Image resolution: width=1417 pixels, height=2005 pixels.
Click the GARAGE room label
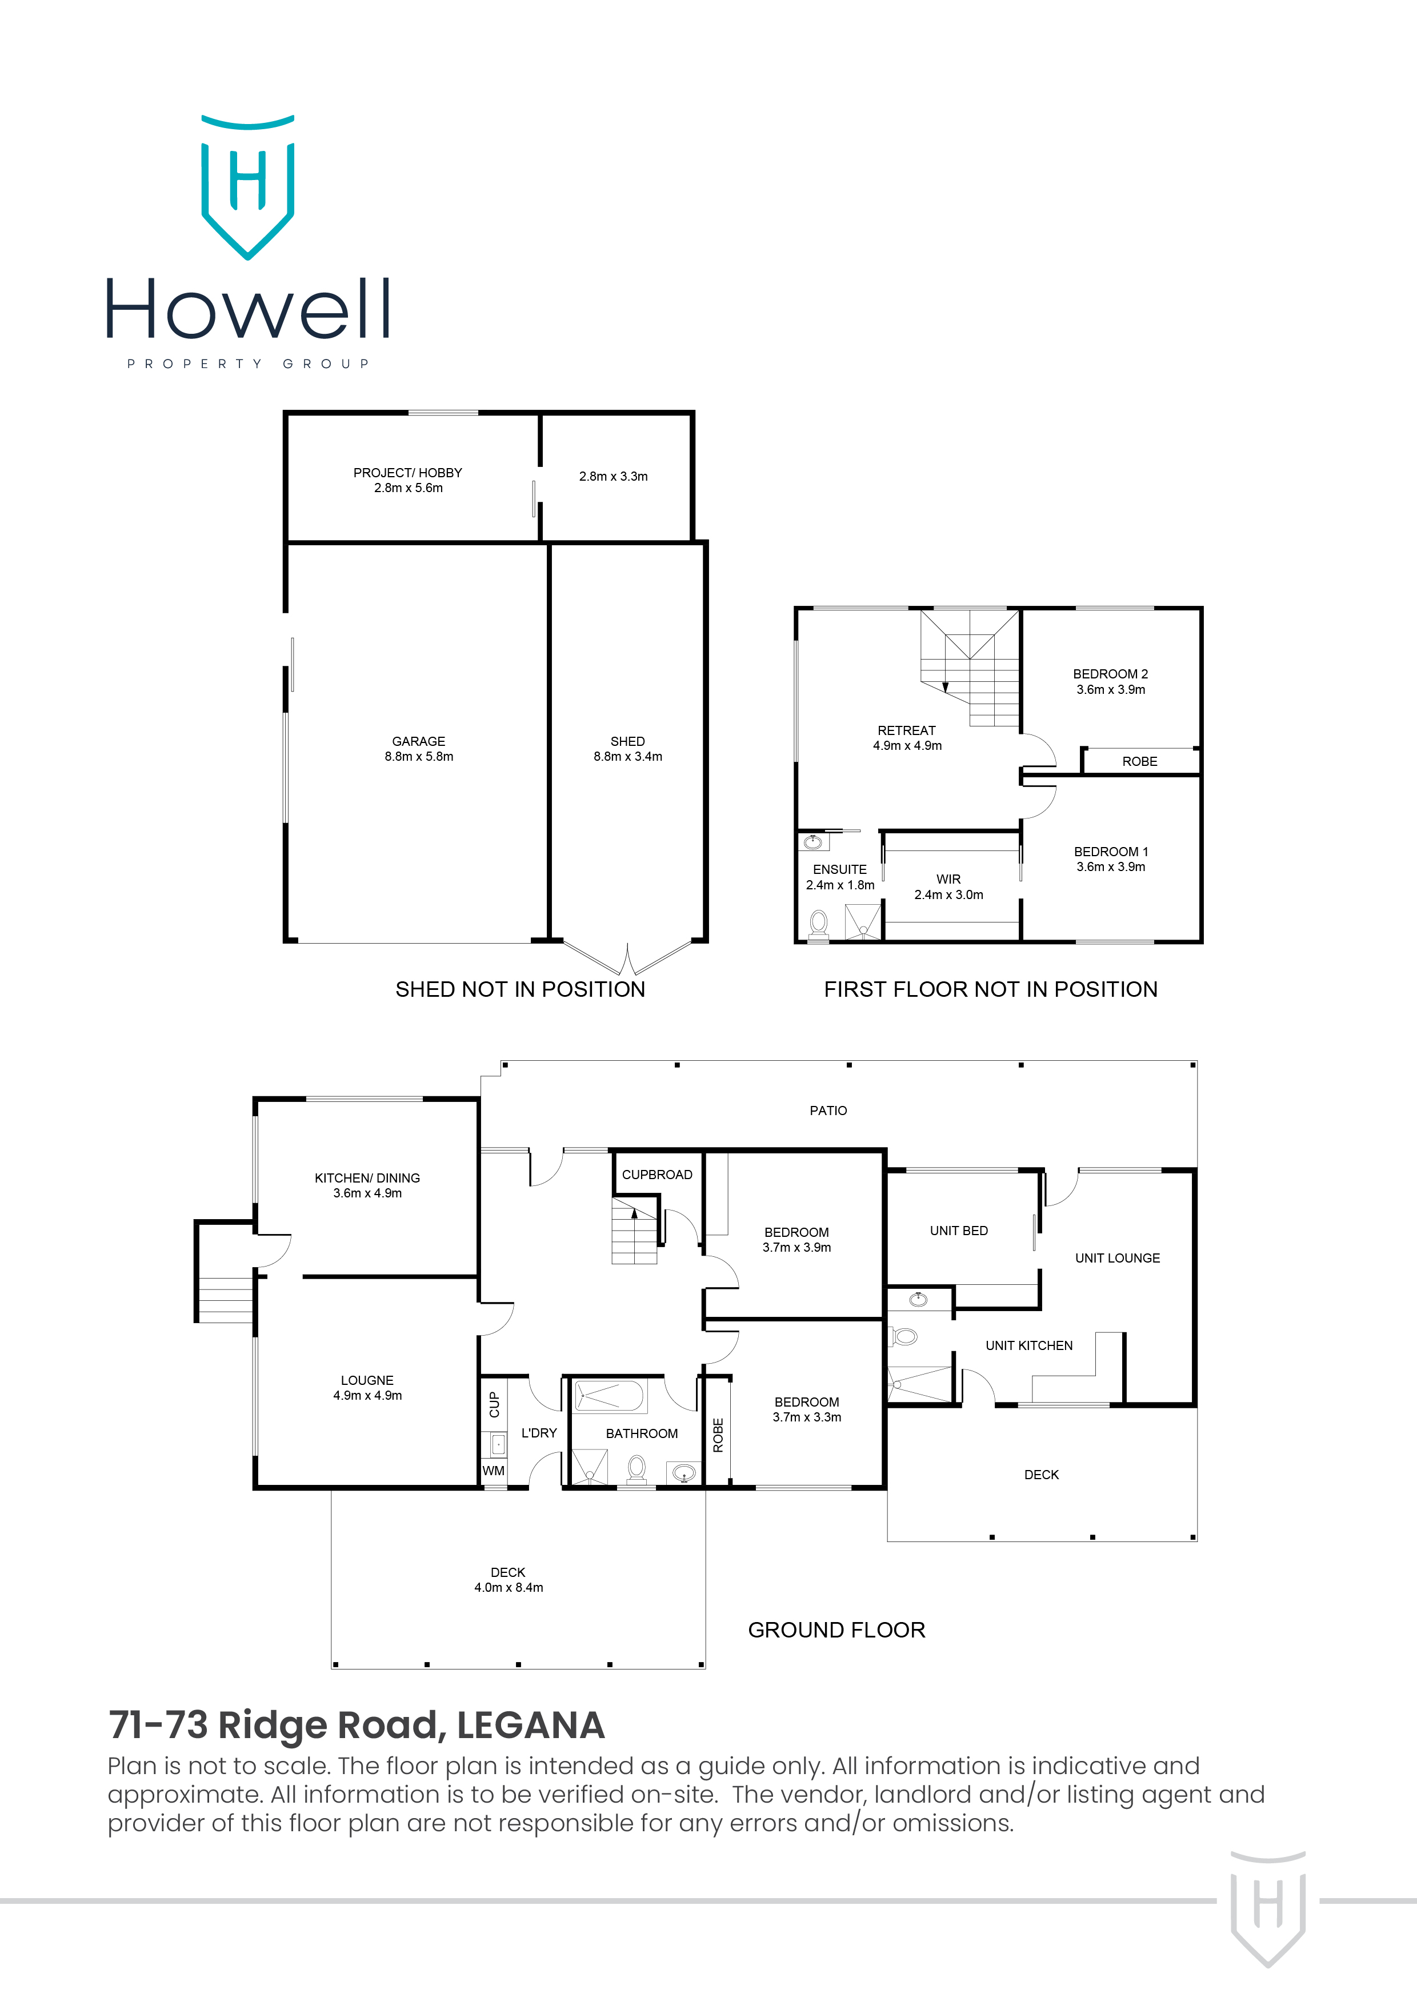pyautogui.click(x=418, y=748)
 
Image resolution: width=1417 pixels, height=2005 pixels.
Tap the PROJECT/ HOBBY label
pyautogui.click(x=408, y=480)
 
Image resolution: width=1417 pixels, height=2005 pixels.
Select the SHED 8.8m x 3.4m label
pyautogui.click(x=628, y=748)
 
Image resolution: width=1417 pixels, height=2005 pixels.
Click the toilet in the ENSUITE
pyautogui.click(x=819, y=923)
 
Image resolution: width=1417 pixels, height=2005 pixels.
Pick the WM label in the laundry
pyautogui.click(x=493, y=1471)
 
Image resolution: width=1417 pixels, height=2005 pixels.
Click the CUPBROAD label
pyautogui.click(x=657, y=1175)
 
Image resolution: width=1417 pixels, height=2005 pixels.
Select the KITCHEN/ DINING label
pyautogui.click(x=367, y=1185)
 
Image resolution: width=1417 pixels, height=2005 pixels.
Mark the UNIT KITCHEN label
pyautogui.click(x=1028, y=1345)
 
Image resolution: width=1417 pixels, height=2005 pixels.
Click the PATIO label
pyautogui.click(x=828, y=1111)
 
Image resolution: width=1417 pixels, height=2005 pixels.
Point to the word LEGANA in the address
pyautogui.click(x=530, y=1726)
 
